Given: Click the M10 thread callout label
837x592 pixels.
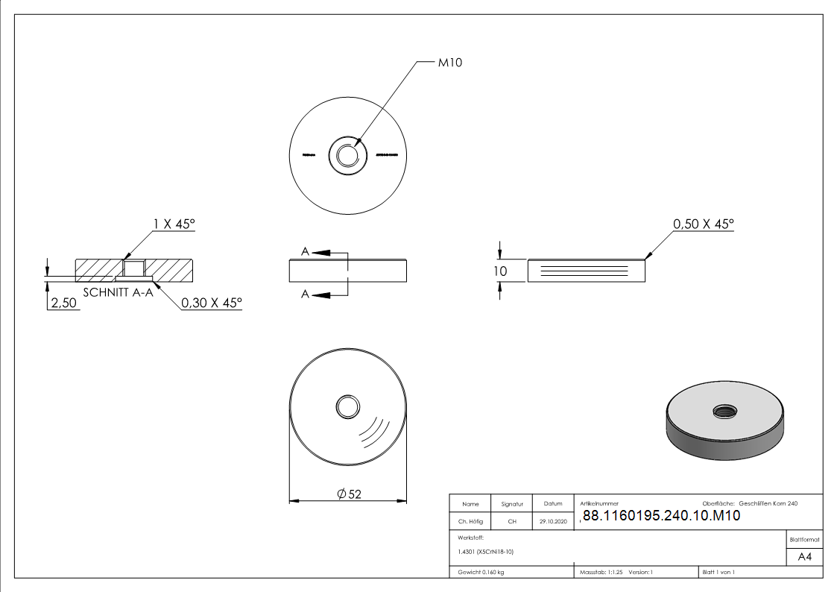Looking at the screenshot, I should pos(449,63).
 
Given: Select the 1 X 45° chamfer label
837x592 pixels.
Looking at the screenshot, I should pos(174,224).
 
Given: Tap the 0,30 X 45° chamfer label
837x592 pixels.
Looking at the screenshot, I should pos(212,303).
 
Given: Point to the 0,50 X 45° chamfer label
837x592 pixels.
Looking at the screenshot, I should pos(703,224).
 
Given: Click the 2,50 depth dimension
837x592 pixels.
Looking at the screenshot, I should pos(63,303).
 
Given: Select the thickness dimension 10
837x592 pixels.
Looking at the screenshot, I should pos(500,271).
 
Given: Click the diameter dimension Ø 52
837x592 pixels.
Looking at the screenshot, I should pos(349,494).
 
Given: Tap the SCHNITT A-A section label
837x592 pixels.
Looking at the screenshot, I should pos(118,292).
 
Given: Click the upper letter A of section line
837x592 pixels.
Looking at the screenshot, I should pos(305,253).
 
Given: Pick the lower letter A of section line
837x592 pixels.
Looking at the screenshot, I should pos(305,295).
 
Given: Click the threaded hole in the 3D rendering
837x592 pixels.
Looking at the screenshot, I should pos(723,410).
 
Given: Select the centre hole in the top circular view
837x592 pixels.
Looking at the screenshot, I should pos(347,155).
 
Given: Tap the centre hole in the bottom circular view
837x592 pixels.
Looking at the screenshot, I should pos(347,407).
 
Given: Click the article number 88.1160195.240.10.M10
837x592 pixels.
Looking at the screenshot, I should pos(660,515).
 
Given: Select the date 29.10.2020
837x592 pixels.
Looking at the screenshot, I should pos(552,522).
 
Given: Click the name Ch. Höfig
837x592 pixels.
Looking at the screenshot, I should pos(470,522).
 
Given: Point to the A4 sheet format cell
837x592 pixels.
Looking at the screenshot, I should pos(804,557).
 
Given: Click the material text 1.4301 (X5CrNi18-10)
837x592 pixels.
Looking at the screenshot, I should pos(486,552).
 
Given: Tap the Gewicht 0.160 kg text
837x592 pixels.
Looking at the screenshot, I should pos(481,572).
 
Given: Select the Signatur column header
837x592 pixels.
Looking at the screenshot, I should pos(512,504).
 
